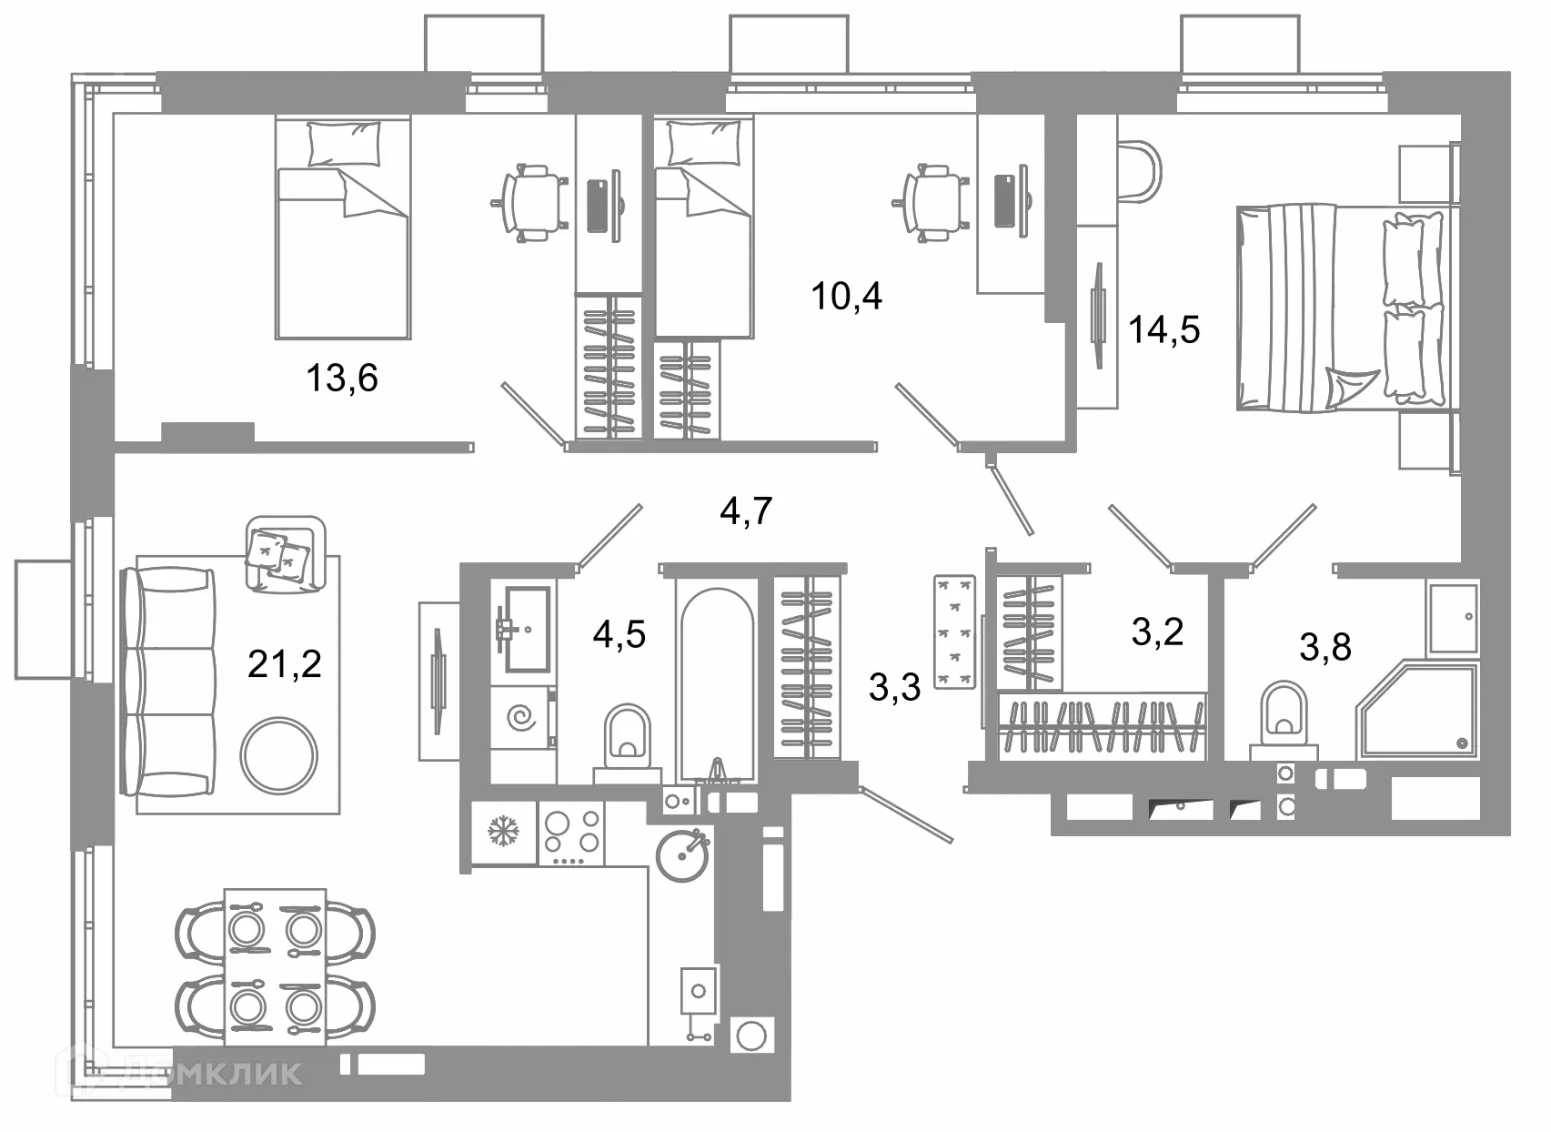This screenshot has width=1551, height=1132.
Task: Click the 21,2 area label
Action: (x=285, y=665)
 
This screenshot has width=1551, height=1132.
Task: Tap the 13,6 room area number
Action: (x=342, y=379)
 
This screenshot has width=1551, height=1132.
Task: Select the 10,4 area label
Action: (x=846, y=297)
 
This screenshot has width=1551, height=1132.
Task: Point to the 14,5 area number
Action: (x=1164, y=329)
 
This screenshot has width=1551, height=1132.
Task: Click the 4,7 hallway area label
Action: (x=746, y=512)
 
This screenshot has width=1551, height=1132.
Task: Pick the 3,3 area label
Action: (x=894, y=688)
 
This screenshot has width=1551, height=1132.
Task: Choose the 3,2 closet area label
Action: (x=1158, y=632)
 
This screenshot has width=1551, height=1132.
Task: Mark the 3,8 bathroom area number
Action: (x=1325, y=647)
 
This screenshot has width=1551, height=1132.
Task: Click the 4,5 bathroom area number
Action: (x=619, y=634)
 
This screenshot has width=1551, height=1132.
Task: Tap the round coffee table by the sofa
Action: (x=279, y=756)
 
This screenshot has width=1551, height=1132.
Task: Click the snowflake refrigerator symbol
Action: (x=503, y=832)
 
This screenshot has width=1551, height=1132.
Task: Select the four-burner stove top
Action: (x=571, y=834)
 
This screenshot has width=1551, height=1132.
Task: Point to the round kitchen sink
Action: (x=683, y=855)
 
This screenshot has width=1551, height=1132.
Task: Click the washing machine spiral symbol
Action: (x=520, y=718)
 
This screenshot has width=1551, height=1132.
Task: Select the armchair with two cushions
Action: (x=286, y=554)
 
